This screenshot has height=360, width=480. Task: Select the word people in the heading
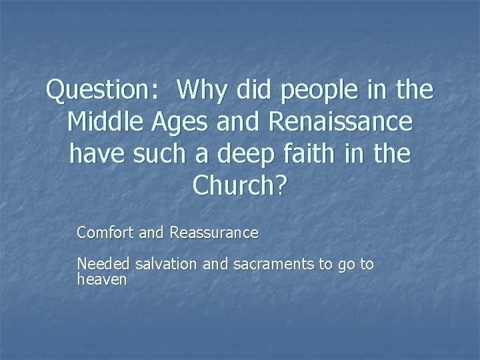pyautogui.click(x=321, y=91)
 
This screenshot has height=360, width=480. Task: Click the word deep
pyautogui.click(x=251, y=155)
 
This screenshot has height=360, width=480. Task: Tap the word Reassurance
pyautogui.click(x=213, y=233)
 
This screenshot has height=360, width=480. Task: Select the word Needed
pyautogui.click(x=104, y=265)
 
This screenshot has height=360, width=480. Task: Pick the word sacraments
pyautogui.click(x=274, y=265)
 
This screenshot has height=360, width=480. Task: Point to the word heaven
pyautogui.click(x=101, y=279)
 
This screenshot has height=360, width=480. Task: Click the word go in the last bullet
pyautogui.click(x=346, y=265)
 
